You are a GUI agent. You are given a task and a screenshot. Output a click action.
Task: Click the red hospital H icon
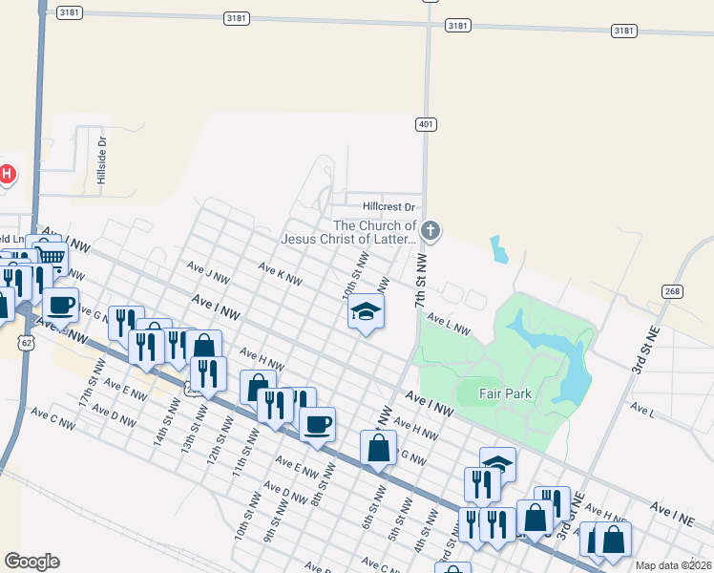click(8, 174)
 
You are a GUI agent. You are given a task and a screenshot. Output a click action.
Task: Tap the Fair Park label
click(506, 393)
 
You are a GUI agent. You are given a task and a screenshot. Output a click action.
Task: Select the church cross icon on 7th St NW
click(430, 230)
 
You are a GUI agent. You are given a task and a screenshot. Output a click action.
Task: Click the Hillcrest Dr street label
click(389, 206)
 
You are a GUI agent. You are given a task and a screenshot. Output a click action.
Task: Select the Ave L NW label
click(449, 324)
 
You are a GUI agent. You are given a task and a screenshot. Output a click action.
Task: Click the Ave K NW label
click(281, 275)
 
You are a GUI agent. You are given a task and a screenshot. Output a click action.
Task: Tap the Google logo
click(31, 562)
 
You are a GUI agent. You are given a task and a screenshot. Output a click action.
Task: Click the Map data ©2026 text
click(673, 565)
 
